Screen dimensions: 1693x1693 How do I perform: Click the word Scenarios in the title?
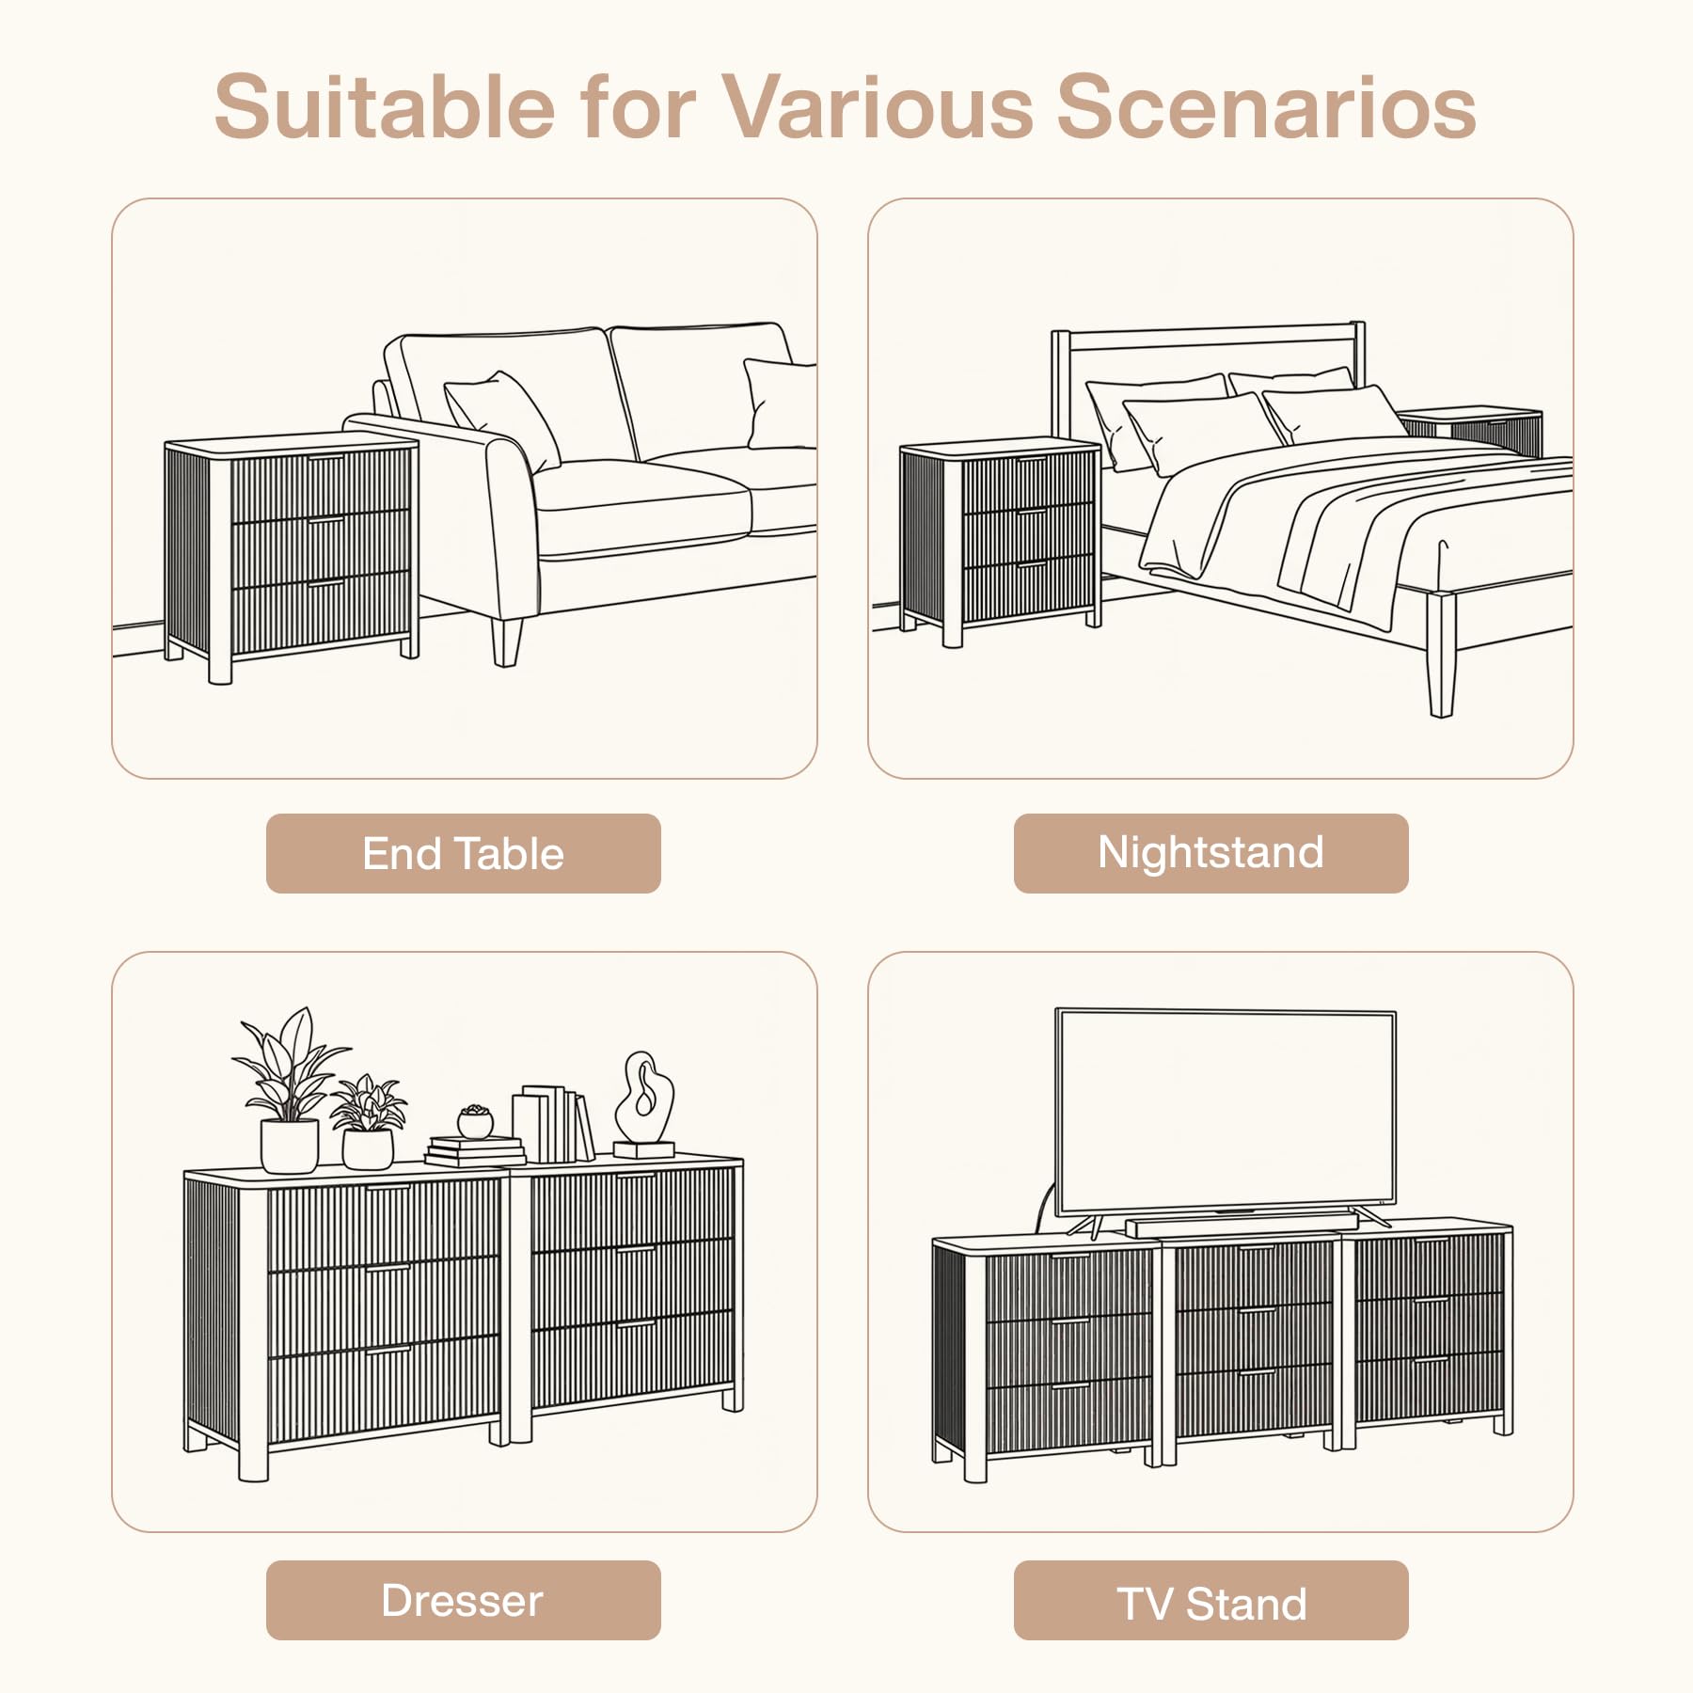1266,106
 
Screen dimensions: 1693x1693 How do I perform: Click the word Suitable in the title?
385,106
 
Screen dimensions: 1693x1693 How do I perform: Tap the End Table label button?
464,853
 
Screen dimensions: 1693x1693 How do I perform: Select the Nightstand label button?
1210,853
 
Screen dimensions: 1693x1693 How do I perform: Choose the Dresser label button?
464,1600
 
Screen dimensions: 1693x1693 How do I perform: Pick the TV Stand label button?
1210,1600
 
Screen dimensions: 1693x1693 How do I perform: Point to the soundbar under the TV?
1242,1225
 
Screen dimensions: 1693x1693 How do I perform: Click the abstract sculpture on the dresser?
644,1104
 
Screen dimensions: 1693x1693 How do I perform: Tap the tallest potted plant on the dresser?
290,1091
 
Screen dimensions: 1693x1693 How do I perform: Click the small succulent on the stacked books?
475,1121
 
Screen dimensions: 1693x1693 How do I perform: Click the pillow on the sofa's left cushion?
501,419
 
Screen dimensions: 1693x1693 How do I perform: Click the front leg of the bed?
1440,654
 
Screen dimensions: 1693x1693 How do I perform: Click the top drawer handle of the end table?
327,457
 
